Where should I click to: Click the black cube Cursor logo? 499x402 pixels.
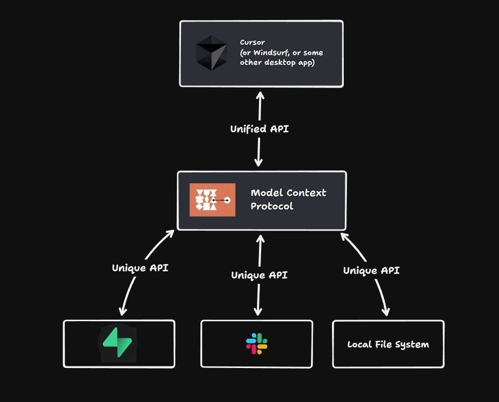(x=211, y=53)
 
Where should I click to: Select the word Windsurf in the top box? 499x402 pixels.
(x=270, y=53)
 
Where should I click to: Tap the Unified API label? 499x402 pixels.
(x=259, y=129)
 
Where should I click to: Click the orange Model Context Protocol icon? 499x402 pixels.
(x=212, y=200)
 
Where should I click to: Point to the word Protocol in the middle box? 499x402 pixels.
(x=272, y=206)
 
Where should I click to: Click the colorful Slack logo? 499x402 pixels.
(x=256, y=343)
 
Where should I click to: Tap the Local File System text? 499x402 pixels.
(x=388, y=344)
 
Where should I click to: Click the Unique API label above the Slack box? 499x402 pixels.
(x=259, y=275)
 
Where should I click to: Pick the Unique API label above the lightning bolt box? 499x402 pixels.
(x=140, y=268)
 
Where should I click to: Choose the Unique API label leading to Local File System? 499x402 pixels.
(x=371, y=270)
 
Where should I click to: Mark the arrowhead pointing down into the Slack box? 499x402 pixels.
(x=258, y=312)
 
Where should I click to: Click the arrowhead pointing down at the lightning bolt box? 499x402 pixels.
(x=122, y=311)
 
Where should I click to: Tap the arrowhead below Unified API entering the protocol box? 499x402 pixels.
(x=258, y=163)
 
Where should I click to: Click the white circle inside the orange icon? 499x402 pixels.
(x=227, y=200)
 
